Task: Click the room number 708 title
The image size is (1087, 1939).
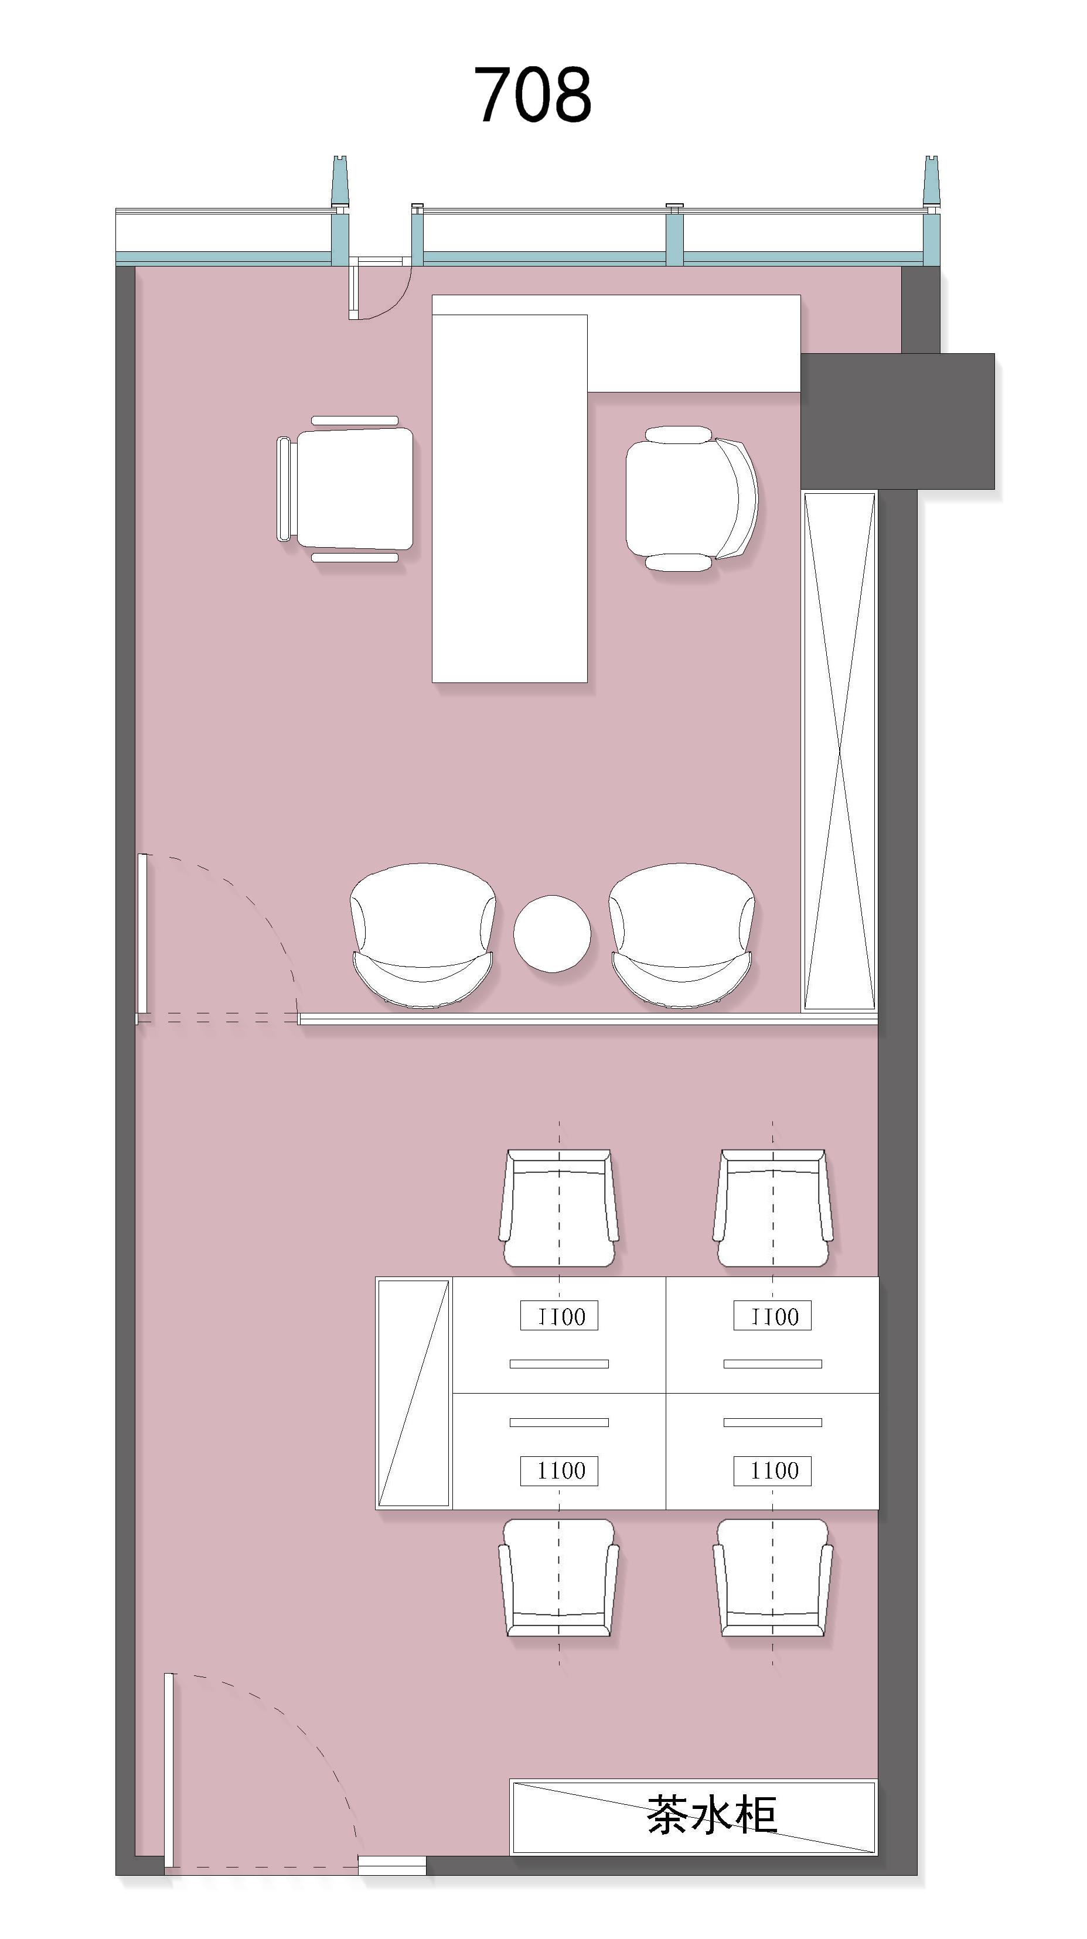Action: (532, 94)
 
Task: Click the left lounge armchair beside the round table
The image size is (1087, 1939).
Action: (422, 936)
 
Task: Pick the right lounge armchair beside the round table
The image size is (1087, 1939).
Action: (681, 936)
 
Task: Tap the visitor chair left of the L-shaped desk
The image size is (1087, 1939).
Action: (346, 489)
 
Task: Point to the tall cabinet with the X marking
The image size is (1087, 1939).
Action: (839, 751)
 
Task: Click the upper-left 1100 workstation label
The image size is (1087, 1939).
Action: (559, 1316)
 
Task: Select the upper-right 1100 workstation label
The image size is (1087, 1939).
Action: (773, 1316)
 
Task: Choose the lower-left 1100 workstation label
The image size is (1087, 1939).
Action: (559, 1471)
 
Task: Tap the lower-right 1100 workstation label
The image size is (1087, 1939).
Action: (773, 1471)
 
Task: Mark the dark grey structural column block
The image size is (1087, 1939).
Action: (897, 421)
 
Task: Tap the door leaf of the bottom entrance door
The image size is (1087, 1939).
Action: (169, 1769)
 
